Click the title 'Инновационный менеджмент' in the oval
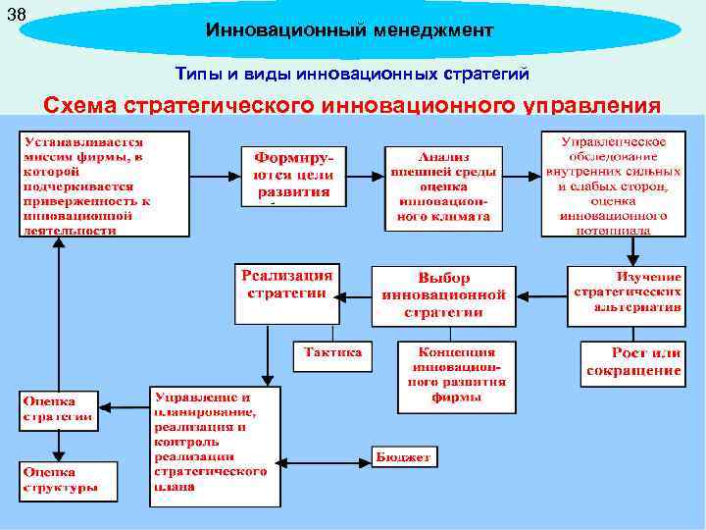(x=349, y=31)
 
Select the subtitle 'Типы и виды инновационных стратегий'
(x=352, y=74)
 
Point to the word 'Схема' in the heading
(x=88, y=105)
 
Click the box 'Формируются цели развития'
(x=294, y=176)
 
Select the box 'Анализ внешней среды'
(x=443, y=188)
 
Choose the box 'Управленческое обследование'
(x=613, y=185)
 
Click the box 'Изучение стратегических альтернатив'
(x=625, y=291)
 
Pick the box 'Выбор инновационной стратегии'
(x=443, y=294)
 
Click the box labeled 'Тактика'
(x=332, y=354)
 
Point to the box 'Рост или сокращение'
(x=632, y=362)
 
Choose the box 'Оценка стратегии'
(x=59, y=409)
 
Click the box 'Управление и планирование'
(x=215, y=447)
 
